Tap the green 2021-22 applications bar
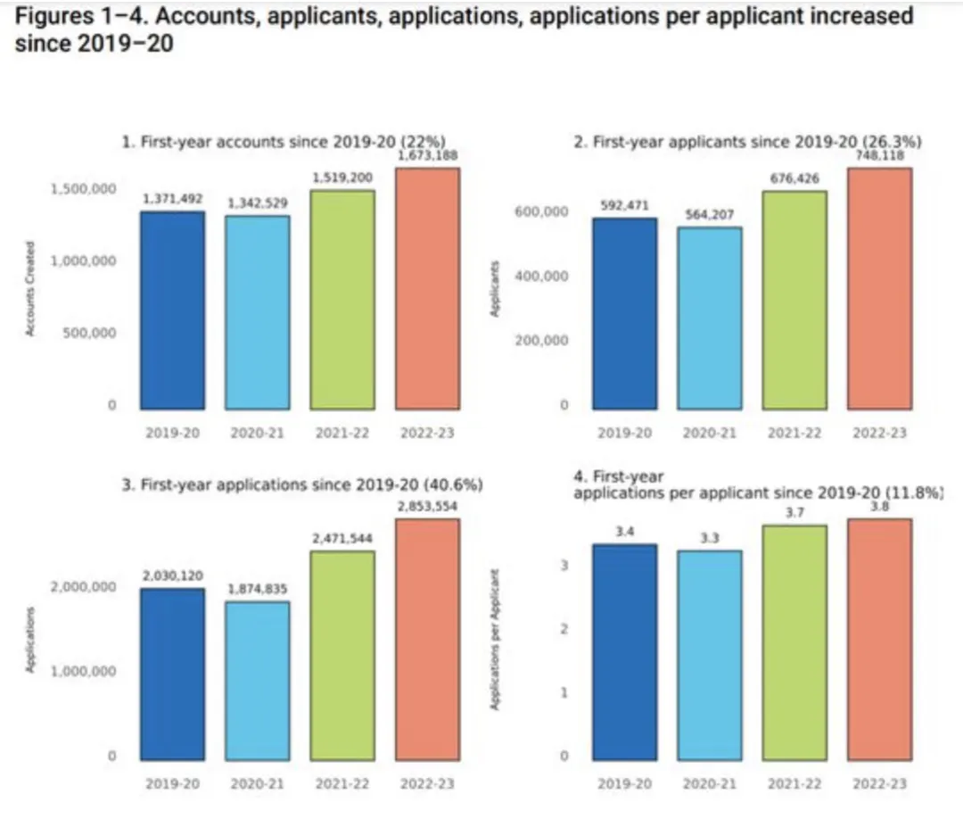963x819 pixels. point(342,656)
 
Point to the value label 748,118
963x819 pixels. point(879,155)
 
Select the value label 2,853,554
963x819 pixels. point(427,507)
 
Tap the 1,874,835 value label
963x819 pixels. point(258,590)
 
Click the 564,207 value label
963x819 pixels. point(710,215)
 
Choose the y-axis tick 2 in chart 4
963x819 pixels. point(564,629)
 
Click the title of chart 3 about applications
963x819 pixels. point(302,485)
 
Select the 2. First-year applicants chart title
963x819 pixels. point(747,142)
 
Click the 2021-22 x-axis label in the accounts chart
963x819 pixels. point(342,433)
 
